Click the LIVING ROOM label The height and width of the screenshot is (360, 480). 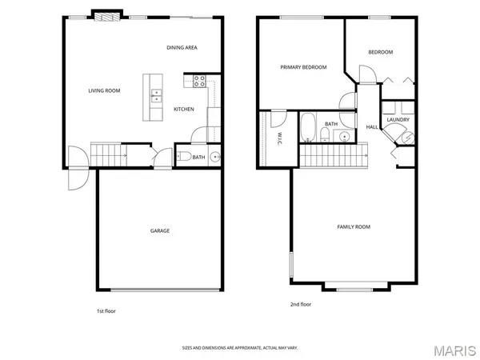pos(104,90)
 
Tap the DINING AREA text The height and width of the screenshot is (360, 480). pos(182,48)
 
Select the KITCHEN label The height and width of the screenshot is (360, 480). pos(184,109)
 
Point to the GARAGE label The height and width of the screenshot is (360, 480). pos(160,230)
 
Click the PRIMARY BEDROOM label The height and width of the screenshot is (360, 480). pos(303,68)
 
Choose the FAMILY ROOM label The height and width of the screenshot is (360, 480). pos(353,227)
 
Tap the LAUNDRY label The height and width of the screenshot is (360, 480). pos(398,120)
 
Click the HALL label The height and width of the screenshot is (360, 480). pos(372,127)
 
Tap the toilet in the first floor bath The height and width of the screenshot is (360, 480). pos(182,157)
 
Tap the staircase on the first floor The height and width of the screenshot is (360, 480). pos(108,152)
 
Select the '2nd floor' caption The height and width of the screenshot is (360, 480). pos(301,304)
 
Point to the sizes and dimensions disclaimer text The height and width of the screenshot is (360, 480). pos(239,347)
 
